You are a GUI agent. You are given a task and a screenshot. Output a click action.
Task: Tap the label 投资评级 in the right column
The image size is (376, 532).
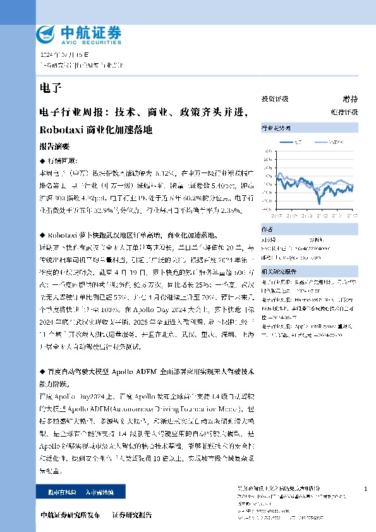point(275,99)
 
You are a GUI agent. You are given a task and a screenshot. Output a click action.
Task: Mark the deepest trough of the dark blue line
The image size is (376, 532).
point(320,201)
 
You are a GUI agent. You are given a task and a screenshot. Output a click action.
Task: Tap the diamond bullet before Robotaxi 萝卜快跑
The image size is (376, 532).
point(42,232)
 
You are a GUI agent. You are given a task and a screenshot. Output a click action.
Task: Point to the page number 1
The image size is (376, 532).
point(367,490)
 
